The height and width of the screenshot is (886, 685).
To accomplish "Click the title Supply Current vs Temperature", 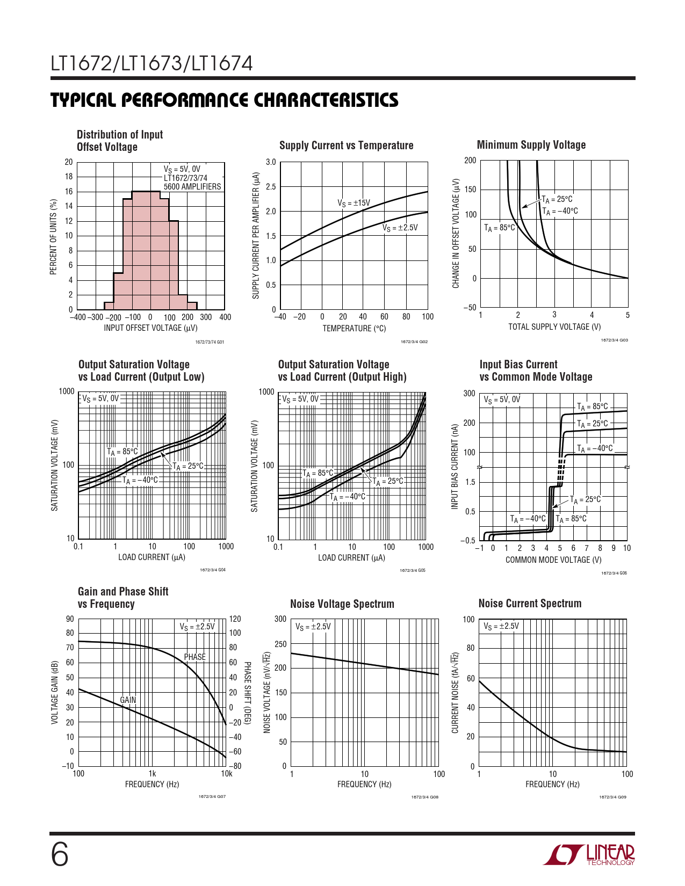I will coord(346,146).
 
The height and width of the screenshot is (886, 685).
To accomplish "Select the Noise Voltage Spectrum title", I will coord(342,604).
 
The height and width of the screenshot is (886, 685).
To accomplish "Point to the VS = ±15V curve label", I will coord(354,203).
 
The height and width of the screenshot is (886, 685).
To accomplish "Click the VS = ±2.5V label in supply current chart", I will coord(400,228).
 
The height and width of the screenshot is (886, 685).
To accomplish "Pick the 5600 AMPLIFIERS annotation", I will coord(192,187).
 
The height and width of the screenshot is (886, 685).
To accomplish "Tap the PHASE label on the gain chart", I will coord(194,657).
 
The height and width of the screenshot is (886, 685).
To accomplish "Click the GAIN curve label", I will coord(128,700).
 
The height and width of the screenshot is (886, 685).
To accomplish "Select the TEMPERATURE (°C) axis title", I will coord(354,329).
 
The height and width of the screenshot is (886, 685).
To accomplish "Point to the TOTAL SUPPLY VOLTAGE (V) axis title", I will coord(554,327).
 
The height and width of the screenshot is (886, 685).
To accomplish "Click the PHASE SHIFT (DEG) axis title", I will coord(247,693).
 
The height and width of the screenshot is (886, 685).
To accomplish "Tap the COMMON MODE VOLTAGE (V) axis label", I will coord(553,560).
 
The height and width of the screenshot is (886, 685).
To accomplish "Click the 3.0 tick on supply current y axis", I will coord(271,162).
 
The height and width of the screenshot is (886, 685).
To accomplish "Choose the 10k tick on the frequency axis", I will coord(227,774).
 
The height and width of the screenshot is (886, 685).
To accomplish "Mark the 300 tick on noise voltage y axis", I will coord(280,619).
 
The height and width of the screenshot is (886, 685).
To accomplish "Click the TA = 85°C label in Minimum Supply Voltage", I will coord(499,228).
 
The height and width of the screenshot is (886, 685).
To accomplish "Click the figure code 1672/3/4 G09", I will coord(612,797).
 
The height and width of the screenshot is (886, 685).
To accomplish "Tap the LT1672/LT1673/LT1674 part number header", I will coord(152,64).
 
